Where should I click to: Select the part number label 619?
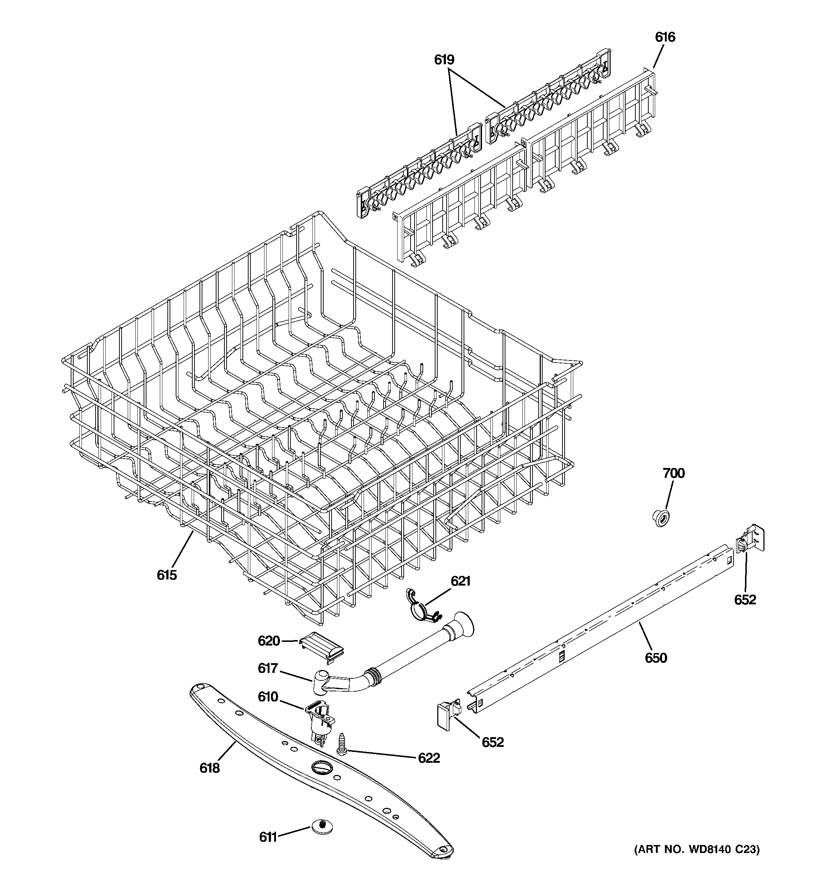click(444, 60)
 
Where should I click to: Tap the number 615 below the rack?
click(167, 575)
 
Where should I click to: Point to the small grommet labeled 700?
click(661, 518)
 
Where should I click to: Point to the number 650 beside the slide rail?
click(656, 658)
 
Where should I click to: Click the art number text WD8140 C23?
click(696, 850)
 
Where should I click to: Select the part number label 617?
click(267, 669)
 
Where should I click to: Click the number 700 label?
click(674, 473)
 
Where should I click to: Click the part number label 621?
click(460, 581)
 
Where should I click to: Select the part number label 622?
click(429, 758)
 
